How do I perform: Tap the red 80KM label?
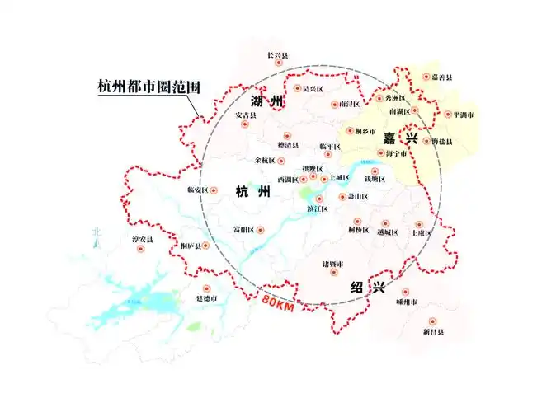coord(279,302)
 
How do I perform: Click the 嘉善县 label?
coord(442,77)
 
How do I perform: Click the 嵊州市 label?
coord(408,302)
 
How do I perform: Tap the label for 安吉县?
coord(246,115)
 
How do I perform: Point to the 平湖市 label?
coord(459,115)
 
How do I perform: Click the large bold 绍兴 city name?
coord(367,288)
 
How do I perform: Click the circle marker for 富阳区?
coord(260,230)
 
